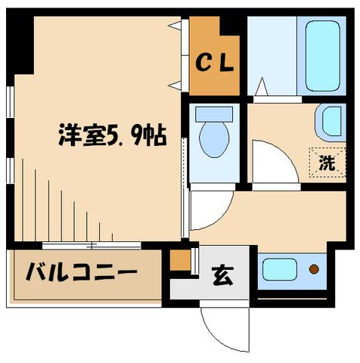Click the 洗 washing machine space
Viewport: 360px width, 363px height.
coord(326,161)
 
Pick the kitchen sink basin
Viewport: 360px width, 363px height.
coord(279,268)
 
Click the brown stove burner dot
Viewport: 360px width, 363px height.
coord(313,268)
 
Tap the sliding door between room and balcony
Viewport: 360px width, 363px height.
coord(91,245)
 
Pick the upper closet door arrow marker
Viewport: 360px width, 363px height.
coord(176,27)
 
